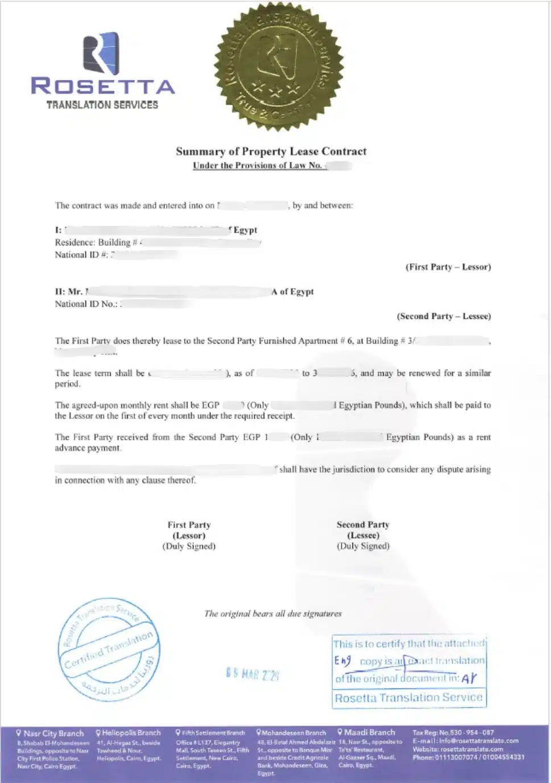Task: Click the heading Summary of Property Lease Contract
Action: tap(271, 151)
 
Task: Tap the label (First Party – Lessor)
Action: tap(448, 267)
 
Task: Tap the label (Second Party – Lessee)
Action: tap(444, 316)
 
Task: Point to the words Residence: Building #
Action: tap(96, 242)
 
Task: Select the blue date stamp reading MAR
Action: tap(252, 674)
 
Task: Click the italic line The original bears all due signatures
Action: tap(273, 614)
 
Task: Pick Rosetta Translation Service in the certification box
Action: tap(408, 698)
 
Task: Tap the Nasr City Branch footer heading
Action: tap(53, 734)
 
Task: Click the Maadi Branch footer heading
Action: tap(369, 732)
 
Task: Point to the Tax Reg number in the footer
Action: tap(453, 732)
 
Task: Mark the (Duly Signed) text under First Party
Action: tap(189, 546)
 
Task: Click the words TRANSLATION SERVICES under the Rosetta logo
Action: tap(102, 105)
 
